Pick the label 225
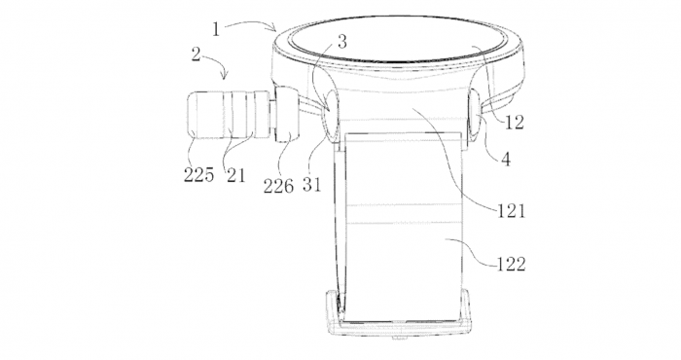[198, 176]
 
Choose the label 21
[234, 176]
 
